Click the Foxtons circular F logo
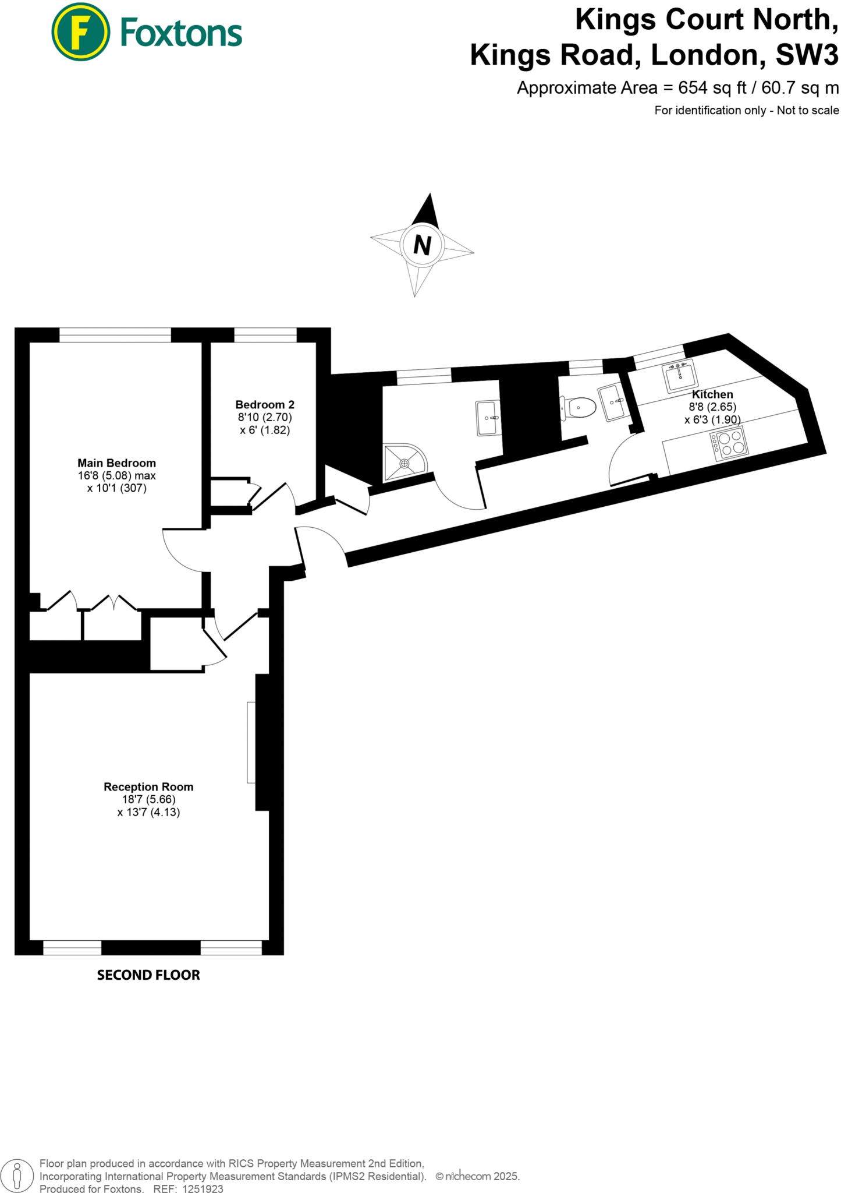(80, 31)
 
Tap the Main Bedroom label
(116, 463)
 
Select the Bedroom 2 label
(265, 404)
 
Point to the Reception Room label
(148, 786)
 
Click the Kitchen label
(712, 394)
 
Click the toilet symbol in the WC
(579, 407)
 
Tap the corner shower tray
(403, 463)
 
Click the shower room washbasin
(488, 418)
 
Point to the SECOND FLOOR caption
(148, 975)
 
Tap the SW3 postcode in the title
(807, 55)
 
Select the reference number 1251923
(203, 1189)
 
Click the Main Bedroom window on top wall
(115, 335)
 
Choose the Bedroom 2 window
(265, 335)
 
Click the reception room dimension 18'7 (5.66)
(148, 799)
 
